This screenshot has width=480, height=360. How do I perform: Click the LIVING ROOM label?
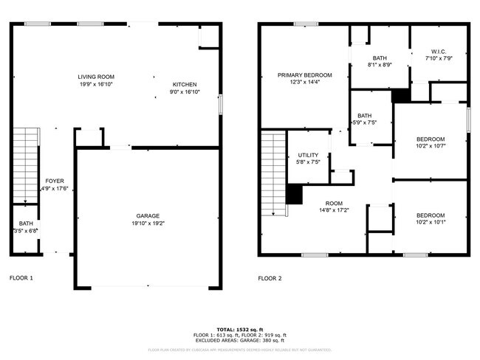point(96,77)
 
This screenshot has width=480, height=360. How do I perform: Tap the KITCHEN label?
point(185,84)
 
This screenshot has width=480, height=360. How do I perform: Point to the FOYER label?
point(55,181)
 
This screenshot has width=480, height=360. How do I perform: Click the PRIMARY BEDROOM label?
point(304,75)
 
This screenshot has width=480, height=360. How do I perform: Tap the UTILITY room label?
point(308,154)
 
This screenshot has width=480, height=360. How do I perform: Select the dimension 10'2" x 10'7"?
point(431,147)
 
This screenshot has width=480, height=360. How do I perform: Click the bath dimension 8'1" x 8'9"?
point(380,65)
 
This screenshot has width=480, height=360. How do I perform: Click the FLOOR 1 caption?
point(21,278)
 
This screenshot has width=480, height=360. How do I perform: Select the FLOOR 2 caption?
point(270,278)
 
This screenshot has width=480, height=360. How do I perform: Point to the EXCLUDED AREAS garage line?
point(239,340)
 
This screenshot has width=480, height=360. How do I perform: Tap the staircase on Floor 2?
point(273,173)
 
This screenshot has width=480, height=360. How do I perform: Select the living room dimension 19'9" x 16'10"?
point(96,85)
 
